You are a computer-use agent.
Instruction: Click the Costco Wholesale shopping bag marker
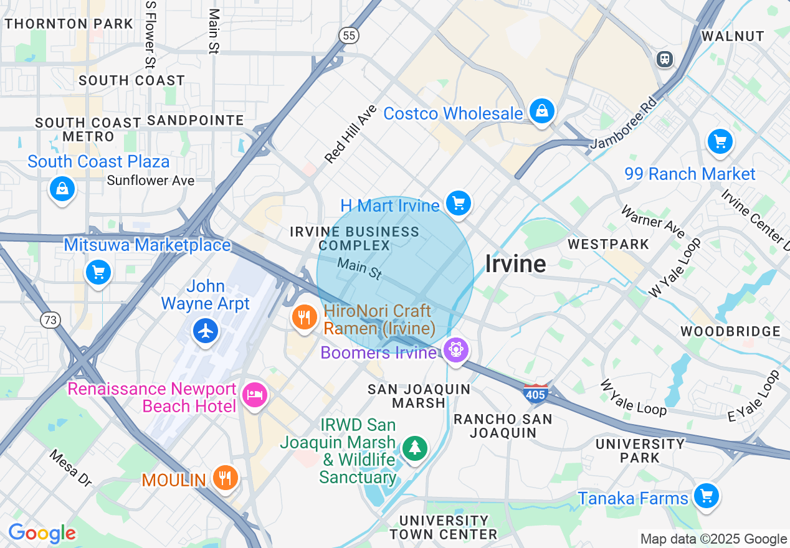[x=541, y=112]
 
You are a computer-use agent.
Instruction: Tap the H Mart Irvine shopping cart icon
[x=459, y=203]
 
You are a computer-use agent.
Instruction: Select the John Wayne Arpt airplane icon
[x=206, y=331]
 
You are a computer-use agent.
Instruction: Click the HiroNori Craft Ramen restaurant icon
[x=304, y=318]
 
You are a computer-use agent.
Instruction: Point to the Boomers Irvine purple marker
[x=456, y=351]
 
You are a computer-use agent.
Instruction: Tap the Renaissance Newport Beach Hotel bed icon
[x=255, y=395]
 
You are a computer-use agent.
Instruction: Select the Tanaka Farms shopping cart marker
[x=707, y=496]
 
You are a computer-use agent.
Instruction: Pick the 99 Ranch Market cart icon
[x=721, y=142]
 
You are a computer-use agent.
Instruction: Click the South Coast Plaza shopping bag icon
[x=62, y=188]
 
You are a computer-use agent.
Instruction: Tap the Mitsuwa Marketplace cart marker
[x=98, y=273]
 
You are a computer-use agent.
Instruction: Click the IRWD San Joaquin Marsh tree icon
[x=414, y=448]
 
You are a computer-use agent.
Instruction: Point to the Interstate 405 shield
[x=536, y=393]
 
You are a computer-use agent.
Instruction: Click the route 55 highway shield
[x=349, y=36]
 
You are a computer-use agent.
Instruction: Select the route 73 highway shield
[x=50, y=320]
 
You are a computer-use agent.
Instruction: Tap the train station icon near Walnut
[x=665, y=60]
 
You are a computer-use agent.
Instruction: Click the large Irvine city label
[x=515, y=264]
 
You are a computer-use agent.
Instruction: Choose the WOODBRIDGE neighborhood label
[x=730, y=331]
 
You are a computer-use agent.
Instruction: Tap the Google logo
[x=42, y=533]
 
